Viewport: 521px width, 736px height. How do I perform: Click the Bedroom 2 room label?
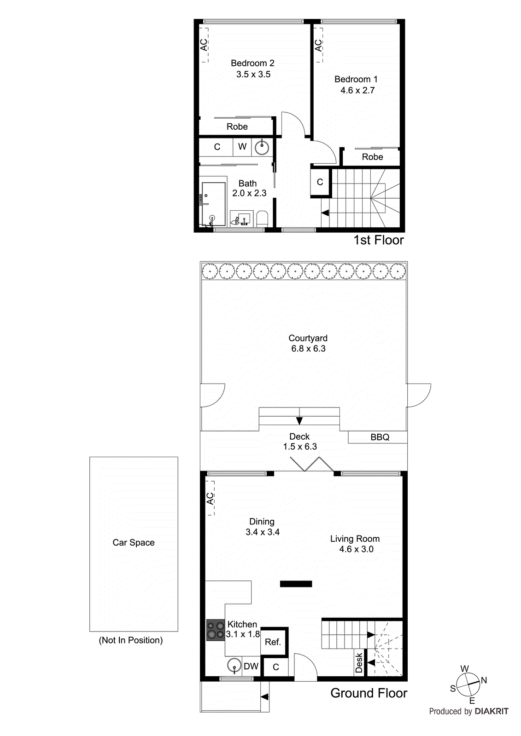click(x=252, y=63)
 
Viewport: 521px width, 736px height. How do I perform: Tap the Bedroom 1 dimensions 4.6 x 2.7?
click(x=357, y=91)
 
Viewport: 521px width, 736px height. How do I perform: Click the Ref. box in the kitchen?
click(x=273, y=642)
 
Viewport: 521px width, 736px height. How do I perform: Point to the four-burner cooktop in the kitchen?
click(x=215, y=630)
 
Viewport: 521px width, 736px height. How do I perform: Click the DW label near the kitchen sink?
click(x=251, y=666)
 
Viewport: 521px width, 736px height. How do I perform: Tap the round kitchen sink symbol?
click(x=234, y=666)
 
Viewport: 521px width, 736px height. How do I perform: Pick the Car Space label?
click(x=134, y=542)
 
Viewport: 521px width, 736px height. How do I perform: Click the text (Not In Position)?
click(x=131, y=640)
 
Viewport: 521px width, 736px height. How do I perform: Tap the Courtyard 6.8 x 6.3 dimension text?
click(x=308, y=349)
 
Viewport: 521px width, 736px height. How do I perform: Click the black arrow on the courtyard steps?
click(x=299, y=420)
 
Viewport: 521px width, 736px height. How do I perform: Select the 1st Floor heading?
click(x=378, y=240)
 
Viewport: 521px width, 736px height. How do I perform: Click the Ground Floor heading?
click(x=369, y=693)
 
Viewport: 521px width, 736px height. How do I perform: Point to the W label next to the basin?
click(x=242, y=147)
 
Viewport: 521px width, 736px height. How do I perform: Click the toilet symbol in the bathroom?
click(x=262, y=218)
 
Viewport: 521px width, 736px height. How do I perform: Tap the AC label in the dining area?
click(x=210, y=499)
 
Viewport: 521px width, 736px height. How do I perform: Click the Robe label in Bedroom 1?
click(x=372, y=157)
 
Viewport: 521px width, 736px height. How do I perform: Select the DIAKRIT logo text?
click(x=491, y=711)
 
